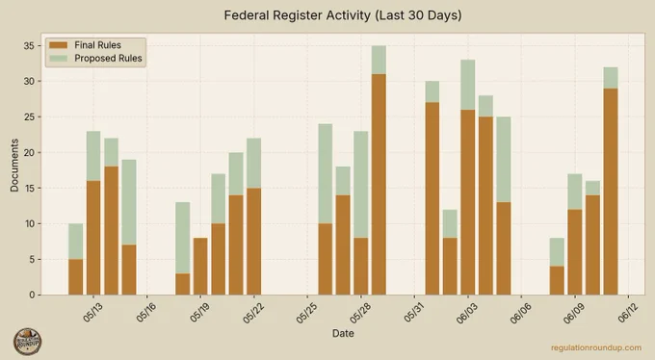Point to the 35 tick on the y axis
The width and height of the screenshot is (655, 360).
29,45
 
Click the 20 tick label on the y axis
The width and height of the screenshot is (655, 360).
29,152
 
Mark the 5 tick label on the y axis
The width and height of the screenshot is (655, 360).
32,259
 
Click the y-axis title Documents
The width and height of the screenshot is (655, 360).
14,165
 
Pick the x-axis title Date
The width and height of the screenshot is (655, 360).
343,333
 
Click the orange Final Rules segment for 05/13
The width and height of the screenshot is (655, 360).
93,238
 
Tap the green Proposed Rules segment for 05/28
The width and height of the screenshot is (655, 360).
361,185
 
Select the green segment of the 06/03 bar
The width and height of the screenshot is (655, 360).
468,85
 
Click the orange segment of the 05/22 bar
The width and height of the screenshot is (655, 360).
254,242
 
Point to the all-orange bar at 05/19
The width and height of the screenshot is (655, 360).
200,267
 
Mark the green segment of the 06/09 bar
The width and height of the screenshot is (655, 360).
575,192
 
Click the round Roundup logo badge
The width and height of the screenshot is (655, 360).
28,342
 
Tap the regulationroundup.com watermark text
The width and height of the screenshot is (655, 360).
596,347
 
